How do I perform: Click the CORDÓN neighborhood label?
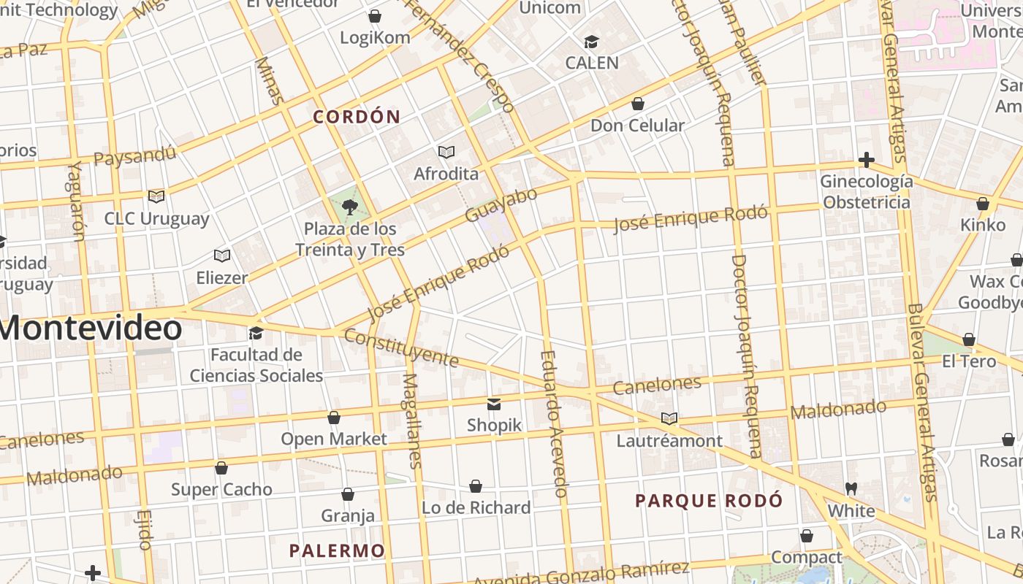[357, 117]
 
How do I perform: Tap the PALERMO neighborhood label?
[337, 550]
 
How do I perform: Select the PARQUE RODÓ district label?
[709, 501]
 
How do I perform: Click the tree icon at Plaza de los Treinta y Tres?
[349, 207]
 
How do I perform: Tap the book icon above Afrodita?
[446, 152]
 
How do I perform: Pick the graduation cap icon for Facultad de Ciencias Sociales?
[256, 333]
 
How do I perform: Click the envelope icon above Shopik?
[494, 404]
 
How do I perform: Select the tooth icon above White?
[851, 488]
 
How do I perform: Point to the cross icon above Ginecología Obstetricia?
[866, 159]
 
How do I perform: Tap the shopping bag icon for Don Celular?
[637, 104]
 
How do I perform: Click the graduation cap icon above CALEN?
[591, 42]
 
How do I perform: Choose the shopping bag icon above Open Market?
[334, 418]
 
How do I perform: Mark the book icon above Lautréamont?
[669, 418]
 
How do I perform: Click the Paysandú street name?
[135, 155]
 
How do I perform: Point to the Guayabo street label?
[501, 205]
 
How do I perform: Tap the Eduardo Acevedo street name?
[554, 423]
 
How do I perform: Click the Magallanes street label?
[412, 420]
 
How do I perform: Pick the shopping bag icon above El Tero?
[968, 339]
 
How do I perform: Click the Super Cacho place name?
[221, 489]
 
